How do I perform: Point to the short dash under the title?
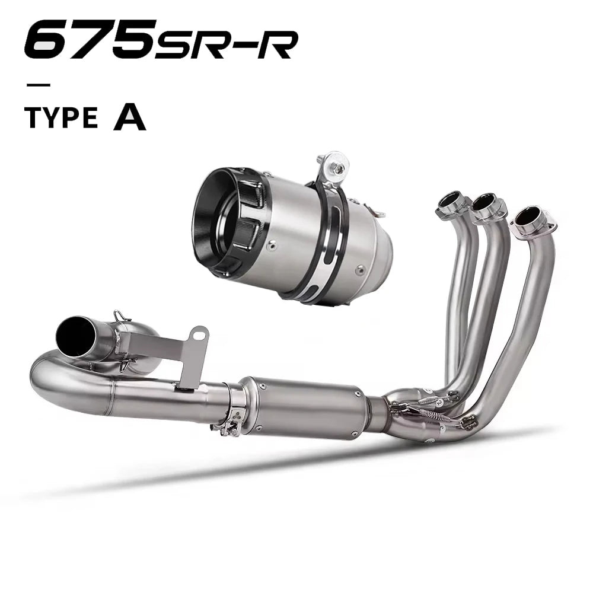[x=38, y=85]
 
